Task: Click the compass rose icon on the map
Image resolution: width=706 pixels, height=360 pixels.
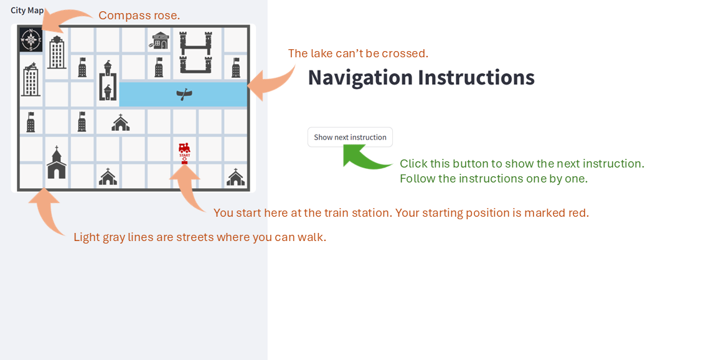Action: click(31, 40)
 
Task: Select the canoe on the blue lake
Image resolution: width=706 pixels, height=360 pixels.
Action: click(184, 94)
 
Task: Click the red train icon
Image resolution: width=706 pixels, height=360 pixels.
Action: click(184, 148)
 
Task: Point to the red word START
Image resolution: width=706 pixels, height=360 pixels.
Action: click(185, 156)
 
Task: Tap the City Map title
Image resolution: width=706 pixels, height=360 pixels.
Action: click(27, 11)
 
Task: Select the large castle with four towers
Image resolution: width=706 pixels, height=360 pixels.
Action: click(195, 52)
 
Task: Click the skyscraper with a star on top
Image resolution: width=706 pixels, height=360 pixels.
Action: click(30, 79)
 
